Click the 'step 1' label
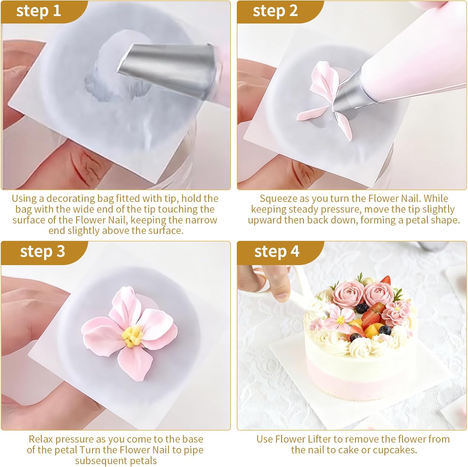38,11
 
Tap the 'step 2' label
275,11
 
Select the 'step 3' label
42,252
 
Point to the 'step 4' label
277,252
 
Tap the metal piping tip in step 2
349,94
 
